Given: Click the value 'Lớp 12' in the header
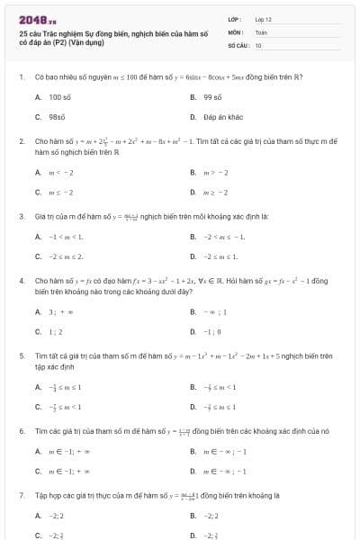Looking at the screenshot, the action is pyautogui.click(x=263, y=19).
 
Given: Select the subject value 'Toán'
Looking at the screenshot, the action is pyautogui.click(x=261, y=31).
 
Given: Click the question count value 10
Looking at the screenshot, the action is pyautogui.click(x=258, y=44).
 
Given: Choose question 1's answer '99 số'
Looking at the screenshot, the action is pyautogui.click(x=212, y=96).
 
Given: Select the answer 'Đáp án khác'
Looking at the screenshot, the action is pyautogui.click(x=221, y=117).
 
